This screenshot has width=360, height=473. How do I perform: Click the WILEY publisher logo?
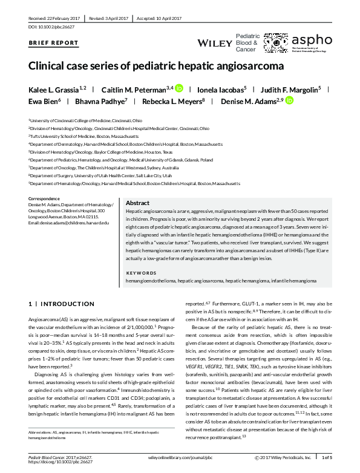[x=215, y=42]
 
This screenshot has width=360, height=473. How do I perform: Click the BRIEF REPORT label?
[x=54, y=43]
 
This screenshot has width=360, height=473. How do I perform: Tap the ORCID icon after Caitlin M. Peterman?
[x=179, y=88]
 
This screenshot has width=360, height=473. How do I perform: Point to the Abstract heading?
[x=137, y=203]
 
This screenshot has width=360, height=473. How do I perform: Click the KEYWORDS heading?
[x=141, y=273]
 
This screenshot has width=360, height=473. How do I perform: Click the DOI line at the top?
[x=53, y=27]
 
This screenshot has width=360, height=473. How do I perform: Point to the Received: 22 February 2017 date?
[x=55, y=18]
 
